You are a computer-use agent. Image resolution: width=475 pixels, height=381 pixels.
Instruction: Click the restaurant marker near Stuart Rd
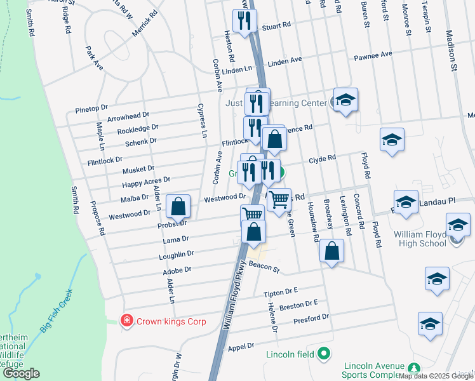pos(244,21)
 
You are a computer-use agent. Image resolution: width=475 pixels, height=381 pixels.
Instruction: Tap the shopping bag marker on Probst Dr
pos(178,206)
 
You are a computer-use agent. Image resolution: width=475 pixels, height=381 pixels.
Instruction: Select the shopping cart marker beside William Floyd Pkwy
pos(279,200)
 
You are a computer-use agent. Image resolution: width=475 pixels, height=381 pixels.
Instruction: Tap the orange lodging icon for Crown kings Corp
pos(127,321)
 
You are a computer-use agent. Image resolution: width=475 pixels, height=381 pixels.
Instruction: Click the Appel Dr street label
pos(241,347)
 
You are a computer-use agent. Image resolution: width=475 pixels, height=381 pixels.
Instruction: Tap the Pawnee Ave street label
pos(373,56)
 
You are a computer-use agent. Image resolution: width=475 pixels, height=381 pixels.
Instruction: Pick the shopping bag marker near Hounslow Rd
pos(331,251)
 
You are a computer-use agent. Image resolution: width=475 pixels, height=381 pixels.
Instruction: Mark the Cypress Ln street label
pos(202,121)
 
